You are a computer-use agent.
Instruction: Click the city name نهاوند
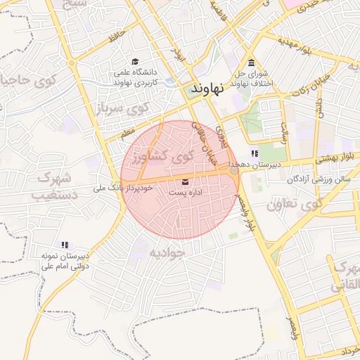[207, 89]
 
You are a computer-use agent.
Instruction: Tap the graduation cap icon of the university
[135, 62]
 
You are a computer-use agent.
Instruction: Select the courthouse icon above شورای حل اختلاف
[252, 62]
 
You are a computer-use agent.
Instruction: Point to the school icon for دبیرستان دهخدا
[255, 153]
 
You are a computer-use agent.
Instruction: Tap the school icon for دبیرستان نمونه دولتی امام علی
[65, 245]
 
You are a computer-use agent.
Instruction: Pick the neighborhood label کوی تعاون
[292, 205]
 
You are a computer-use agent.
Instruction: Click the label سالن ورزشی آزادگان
[318, 180]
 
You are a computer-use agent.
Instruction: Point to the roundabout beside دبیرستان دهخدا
[233, 170]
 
